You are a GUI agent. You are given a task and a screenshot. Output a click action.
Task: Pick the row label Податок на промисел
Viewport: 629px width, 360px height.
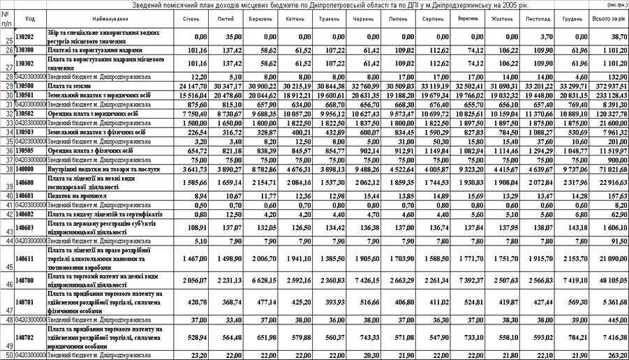pos(77,196)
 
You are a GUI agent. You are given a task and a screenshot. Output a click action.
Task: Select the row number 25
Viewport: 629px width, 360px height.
pos(6,39)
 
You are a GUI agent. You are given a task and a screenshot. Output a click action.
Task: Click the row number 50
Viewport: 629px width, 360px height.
pos(6,355)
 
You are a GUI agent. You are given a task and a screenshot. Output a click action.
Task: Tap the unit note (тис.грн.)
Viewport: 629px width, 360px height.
pos(614,5)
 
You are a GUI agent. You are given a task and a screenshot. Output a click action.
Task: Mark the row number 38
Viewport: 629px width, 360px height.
pos(6,168)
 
